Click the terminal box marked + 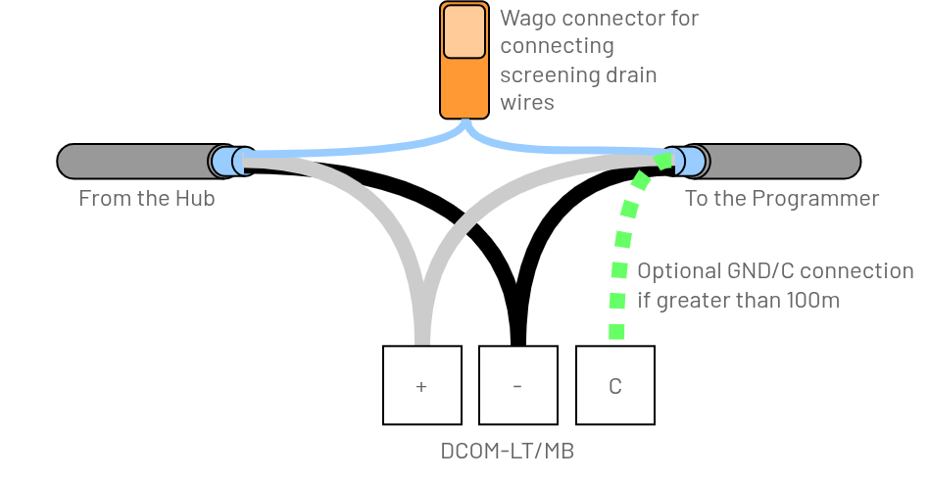(x=421, y=385)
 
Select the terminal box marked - (x=517, y=385)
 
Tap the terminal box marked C (x=614, y=385)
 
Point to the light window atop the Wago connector (x=464, y=31)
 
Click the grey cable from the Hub (x=132, y=161)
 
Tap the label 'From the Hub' (x=146, y=199)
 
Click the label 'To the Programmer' (x=781, y=199)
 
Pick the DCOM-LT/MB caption (x=507, y=452)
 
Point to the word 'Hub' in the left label (x=195, y=199)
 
